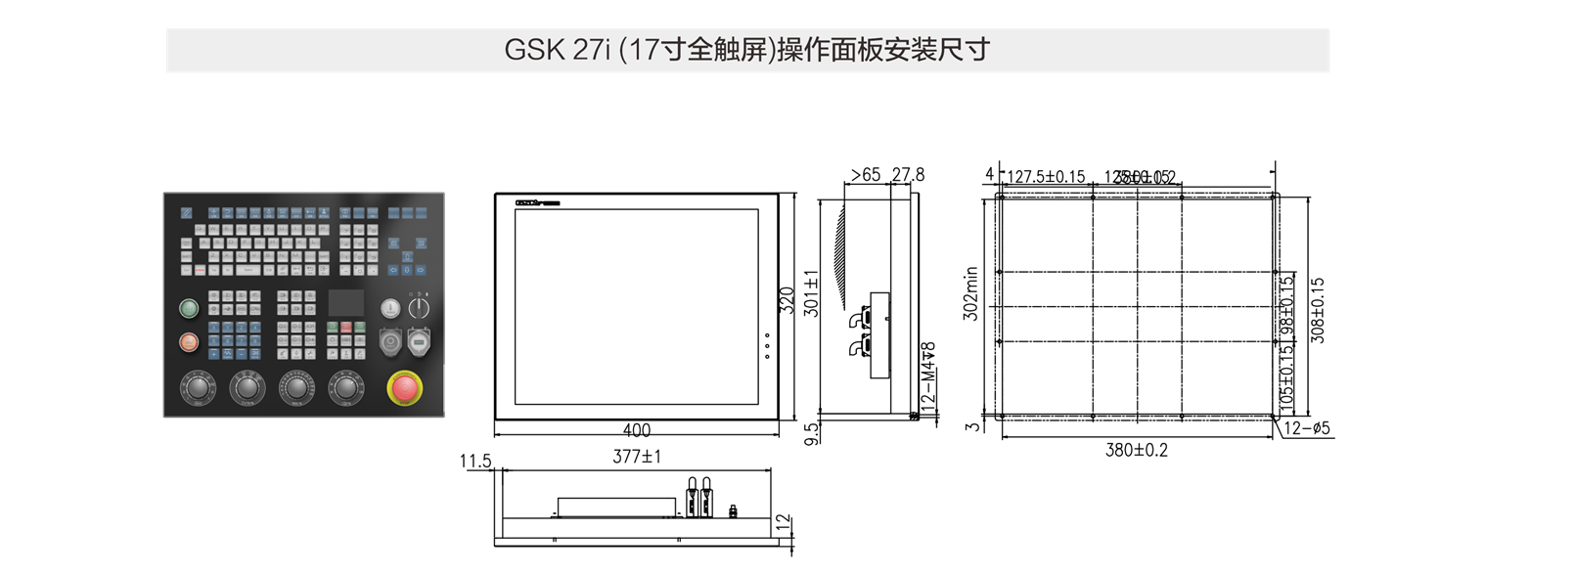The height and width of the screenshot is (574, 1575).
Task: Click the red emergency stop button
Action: [x=404, y=388]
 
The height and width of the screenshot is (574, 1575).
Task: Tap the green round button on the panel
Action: [x=189, y=309]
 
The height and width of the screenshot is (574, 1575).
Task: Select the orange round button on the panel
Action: [x=189, y=342]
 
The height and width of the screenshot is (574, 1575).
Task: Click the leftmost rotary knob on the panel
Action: [x=198, y=387]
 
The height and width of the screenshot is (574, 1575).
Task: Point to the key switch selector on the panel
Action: [x=419, y=309]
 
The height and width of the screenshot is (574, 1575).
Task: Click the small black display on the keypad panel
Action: [x=345, y=302]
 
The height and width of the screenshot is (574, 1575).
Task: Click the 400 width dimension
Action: [x=636, y=430]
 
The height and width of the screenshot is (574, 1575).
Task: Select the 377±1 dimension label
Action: [x=637, y=457]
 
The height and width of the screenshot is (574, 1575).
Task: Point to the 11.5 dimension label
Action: [x=475, y=461]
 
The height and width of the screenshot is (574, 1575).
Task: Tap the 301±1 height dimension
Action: [x=811, y=293]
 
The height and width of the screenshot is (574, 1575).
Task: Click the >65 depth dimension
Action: [x=865, y=175]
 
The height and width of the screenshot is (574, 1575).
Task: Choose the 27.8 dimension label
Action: [x=908, y=175]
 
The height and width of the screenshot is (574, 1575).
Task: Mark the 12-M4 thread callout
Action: [x=928, y=375]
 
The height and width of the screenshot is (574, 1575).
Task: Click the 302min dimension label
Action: [x=970, y=293]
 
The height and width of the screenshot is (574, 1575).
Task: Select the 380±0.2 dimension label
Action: [x=1136, y=451]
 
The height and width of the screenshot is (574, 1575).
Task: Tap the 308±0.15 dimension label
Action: [x=1317, y=310]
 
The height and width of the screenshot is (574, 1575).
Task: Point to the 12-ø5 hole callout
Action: [x=1307, y=428]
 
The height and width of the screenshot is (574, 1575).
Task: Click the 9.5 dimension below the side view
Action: [x=811, y=434]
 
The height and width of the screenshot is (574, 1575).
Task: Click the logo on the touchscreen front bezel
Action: [x=537, y=203]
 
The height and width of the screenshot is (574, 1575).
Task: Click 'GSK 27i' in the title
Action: [x=558, y=50]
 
